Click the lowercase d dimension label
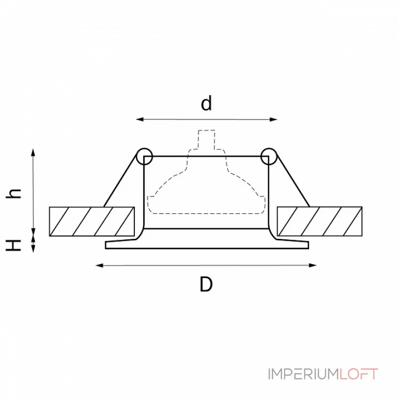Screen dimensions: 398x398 tap(206, 103)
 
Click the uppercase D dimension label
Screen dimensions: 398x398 tap(206, 284)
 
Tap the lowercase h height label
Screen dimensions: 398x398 tap(13, 194)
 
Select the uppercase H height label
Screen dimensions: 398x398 tap(13, 245)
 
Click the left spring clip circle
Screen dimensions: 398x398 tap(144, 156)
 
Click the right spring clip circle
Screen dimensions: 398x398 tap(269, 156)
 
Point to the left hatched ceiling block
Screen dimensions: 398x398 tap(92, 221)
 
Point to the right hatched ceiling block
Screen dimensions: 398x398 tap(320, 221)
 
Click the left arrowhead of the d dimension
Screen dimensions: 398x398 tap(140, 119)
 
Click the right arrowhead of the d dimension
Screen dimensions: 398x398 tap(274, 119)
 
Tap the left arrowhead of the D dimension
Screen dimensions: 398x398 tap(99, 266)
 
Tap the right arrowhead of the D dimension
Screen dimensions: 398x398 tap(313, 266)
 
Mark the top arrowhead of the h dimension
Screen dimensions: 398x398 tap(33, 153)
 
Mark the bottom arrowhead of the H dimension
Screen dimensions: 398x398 tap(33, 248)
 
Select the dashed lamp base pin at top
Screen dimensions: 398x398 tap(206, 140)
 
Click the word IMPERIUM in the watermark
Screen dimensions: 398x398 tap(303, 374)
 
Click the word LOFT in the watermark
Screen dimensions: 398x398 tap(359, 374)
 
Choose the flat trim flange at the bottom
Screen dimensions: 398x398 tap(207, 245)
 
